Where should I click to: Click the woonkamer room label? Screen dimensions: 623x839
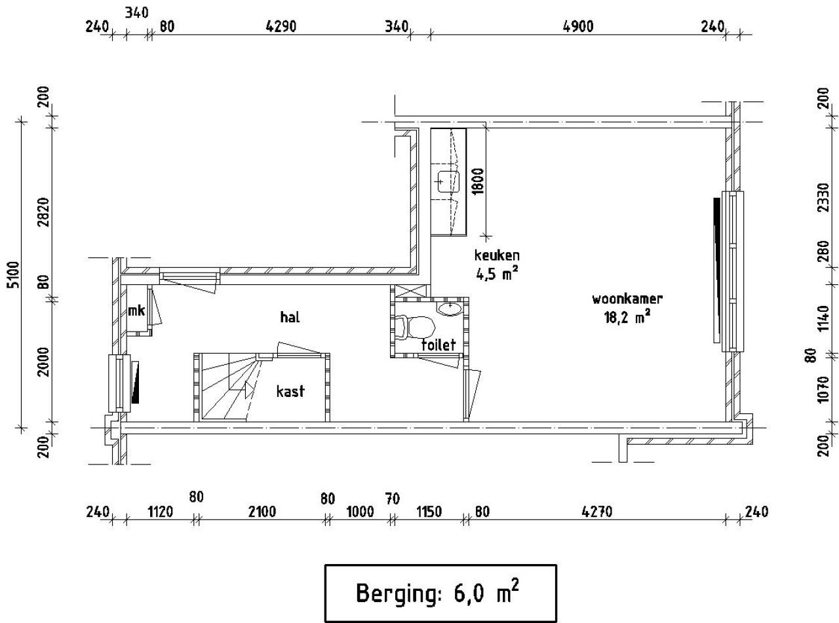point(627,299)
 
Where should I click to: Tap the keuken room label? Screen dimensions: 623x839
point(497,255)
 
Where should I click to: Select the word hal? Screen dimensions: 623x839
point(289,318)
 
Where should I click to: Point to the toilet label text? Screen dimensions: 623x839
point(438,345)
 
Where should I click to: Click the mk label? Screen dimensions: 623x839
point(136,311)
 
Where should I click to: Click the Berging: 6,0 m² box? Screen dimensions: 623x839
point(440,593)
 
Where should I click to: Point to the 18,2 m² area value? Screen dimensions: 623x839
point(627,318)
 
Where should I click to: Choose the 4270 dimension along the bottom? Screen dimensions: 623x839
point(596,512)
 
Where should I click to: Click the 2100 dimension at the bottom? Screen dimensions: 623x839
point(262,512)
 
